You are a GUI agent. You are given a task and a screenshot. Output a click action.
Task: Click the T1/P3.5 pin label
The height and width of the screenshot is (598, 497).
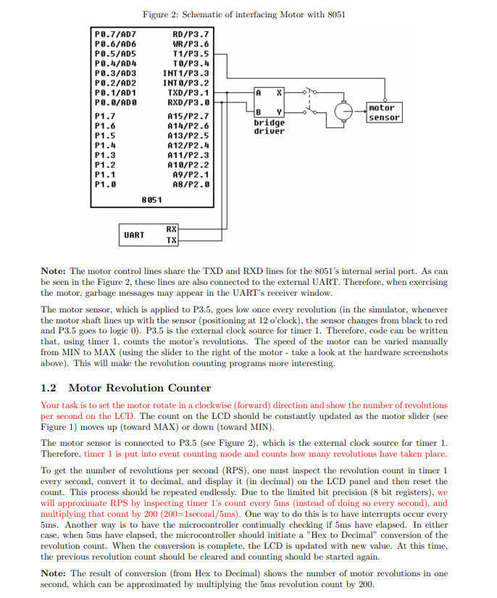191,54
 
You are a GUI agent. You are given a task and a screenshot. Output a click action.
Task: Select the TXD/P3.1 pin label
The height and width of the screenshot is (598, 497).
188,93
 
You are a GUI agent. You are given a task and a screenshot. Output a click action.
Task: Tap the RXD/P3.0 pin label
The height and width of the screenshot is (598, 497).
188,102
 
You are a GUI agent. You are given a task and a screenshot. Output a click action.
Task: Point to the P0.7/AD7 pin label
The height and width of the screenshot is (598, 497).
116,34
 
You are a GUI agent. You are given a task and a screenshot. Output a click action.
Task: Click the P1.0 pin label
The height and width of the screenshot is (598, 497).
106,184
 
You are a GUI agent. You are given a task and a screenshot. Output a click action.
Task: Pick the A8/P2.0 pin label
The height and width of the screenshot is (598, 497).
191,184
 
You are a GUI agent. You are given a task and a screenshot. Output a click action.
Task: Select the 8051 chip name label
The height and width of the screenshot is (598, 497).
151,199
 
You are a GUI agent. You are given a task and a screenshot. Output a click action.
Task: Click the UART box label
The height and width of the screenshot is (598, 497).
134,235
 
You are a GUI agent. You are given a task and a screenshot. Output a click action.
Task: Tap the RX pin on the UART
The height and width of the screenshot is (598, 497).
172,229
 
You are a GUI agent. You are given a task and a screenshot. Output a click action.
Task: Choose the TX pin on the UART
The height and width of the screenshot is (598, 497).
172,240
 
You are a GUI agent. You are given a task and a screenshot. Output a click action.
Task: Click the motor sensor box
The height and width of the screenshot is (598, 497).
384,112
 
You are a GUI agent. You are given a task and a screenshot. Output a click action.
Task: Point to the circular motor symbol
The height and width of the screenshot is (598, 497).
342,112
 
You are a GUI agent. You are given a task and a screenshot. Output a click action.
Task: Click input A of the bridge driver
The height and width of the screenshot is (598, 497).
259,93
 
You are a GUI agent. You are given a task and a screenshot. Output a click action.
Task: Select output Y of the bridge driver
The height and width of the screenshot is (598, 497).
279,112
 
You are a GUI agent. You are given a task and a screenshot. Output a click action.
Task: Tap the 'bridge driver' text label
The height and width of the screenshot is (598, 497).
269,127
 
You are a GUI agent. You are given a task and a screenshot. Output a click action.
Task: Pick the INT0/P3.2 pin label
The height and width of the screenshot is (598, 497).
186,83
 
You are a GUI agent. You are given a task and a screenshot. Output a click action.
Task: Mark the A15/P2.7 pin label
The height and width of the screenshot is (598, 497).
188,116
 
